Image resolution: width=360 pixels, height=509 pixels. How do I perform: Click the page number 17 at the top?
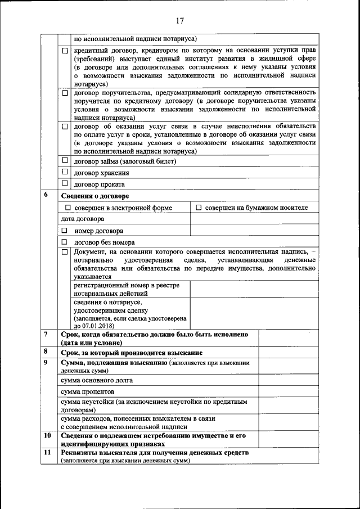[179, 21]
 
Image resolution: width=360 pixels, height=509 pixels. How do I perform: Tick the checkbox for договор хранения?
[65, 172]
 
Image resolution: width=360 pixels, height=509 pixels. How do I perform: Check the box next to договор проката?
[65, 184]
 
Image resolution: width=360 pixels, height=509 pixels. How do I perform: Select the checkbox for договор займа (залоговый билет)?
[65, 161]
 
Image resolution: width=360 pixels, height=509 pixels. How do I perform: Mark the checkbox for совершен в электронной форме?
[69, 208]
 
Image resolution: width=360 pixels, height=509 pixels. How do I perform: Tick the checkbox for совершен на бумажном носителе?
[199, 208]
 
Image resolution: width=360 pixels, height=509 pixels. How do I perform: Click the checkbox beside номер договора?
[65, 231]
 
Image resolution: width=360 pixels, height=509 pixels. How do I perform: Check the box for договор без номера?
[65, 242]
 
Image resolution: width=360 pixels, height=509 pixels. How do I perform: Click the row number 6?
[46, 195]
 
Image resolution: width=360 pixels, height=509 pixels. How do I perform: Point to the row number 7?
[46, 334]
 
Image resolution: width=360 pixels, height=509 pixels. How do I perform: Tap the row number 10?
[47, 435]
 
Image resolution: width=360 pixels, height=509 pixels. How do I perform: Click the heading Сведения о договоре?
[94, 196]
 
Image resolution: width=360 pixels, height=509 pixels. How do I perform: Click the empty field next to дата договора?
[253, 219]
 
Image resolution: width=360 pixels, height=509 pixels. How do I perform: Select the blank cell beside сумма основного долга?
[287, 380]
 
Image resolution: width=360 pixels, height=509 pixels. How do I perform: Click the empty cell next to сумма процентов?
[287, 391]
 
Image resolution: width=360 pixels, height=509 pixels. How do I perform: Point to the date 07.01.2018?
[93, 325]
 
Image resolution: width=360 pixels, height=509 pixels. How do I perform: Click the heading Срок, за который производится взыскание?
[132, 353]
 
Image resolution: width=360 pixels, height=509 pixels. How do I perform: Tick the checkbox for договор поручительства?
[65, 92]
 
